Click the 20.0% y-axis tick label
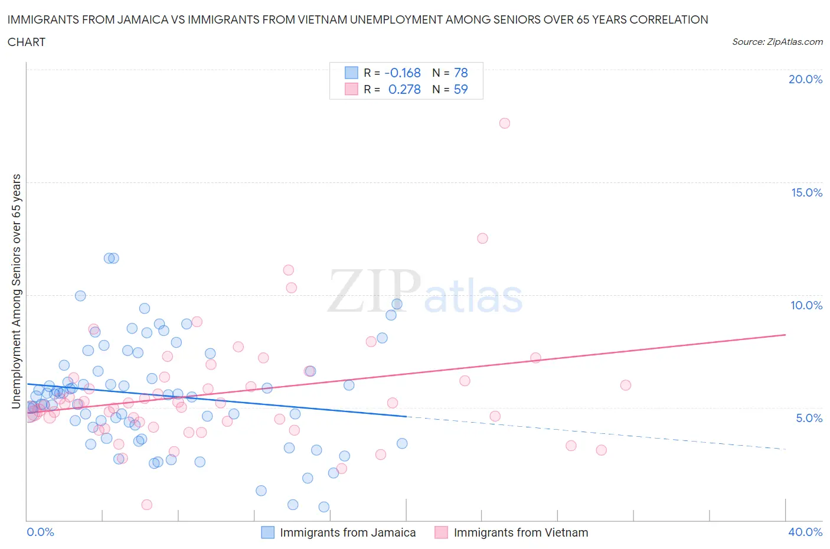pos(805,79)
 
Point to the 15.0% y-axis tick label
pos(806,192)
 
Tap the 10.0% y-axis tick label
pos(806,305)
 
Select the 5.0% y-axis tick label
pos(809,418)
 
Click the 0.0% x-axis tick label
pos(40,532)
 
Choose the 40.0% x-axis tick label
pos(805,532)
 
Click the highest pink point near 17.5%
pos(504,123)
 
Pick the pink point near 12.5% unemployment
pos(482,238)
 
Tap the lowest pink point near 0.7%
pos(147,505)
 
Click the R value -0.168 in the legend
pos(403,73)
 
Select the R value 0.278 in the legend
pos(404,89)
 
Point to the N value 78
pos(460,73)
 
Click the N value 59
pos(460,89)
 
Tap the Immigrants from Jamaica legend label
pos(348,532)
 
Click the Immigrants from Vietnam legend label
pos(521,532)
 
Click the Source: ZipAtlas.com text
pos(777,42)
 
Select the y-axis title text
pos(17,292)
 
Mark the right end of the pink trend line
pos(785,335)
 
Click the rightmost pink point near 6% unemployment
pos(626,385)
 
